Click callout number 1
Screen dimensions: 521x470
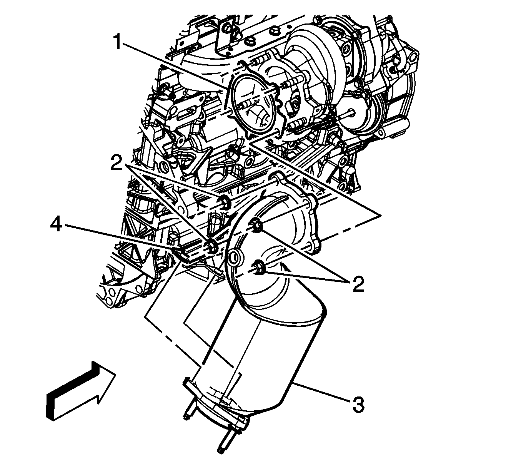118,42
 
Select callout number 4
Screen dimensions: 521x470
56,224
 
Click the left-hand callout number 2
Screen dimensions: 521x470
117,163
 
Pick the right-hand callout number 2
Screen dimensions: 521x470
358,284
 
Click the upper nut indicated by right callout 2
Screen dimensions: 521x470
255,226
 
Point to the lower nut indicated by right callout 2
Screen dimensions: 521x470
258,267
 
